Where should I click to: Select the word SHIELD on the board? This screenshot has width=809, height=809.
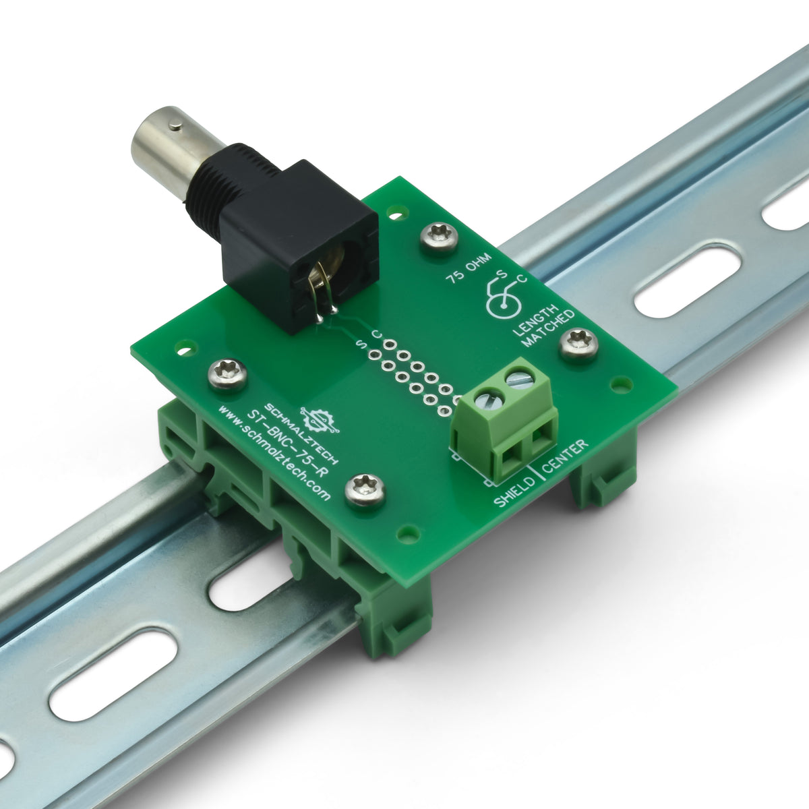tap(515, 492)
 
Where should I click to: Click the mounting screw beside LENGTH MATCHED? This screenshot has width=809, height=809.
tap(579, 344)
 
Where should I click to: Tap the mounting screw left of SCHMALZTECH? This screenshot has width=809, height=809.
tap(226, 373)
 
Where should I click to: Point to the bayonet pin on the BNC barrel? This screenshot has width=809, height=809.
tap(175, 124)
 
